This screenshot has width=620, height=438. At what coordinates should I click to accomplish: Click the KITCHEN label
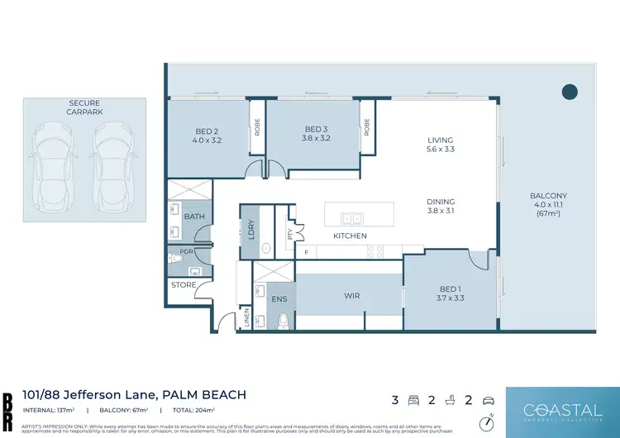click(x=350, y=236)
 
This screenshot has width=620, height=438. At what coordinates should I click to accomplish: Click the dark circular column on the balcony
click(x=570, y=92)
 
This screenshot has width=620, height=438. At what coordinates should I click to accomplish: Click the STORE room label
click(x=184, y=285)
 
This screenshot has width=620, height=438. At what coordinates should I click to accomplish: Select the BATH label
click(x=194, y=217)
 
